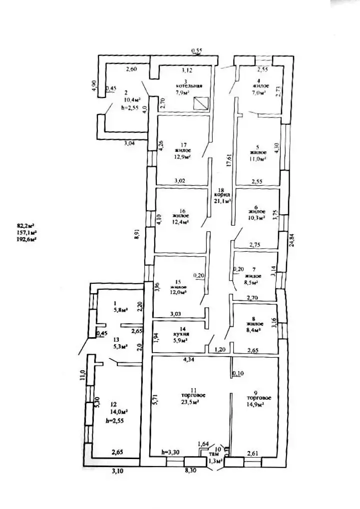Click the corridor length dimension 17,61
pos(229,162)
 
